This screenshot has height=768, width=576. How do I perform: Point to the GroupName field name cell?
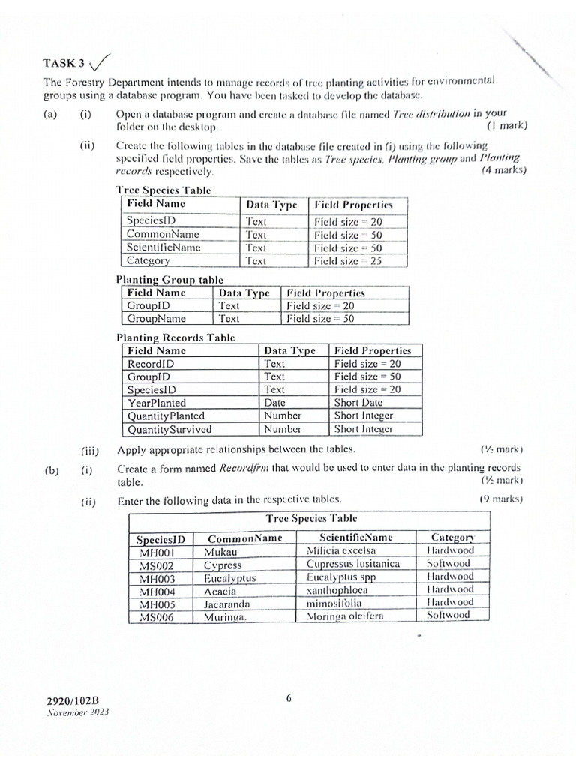coord(156,318)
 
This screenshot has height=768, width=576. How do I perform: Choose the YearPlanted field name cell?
coord(157,402)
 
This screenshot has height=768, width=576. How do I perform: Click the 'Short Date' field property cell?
coord(358,402)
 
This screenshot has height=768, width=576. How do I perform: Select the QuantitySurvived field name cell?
coord(169,430)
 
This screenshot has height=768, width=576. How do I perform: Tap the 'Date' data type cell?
coord(274,402)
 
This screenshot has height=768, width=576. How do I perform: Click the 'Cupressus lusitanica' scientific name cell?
coord(352,564)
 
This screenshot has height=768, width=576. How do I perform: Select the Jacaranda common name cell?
coord(227,604)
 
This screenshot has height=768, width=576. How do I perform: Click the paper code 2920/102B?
coord(73,701)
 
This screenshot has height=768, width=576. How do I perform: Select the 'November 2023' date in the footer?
coord(78,713)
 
